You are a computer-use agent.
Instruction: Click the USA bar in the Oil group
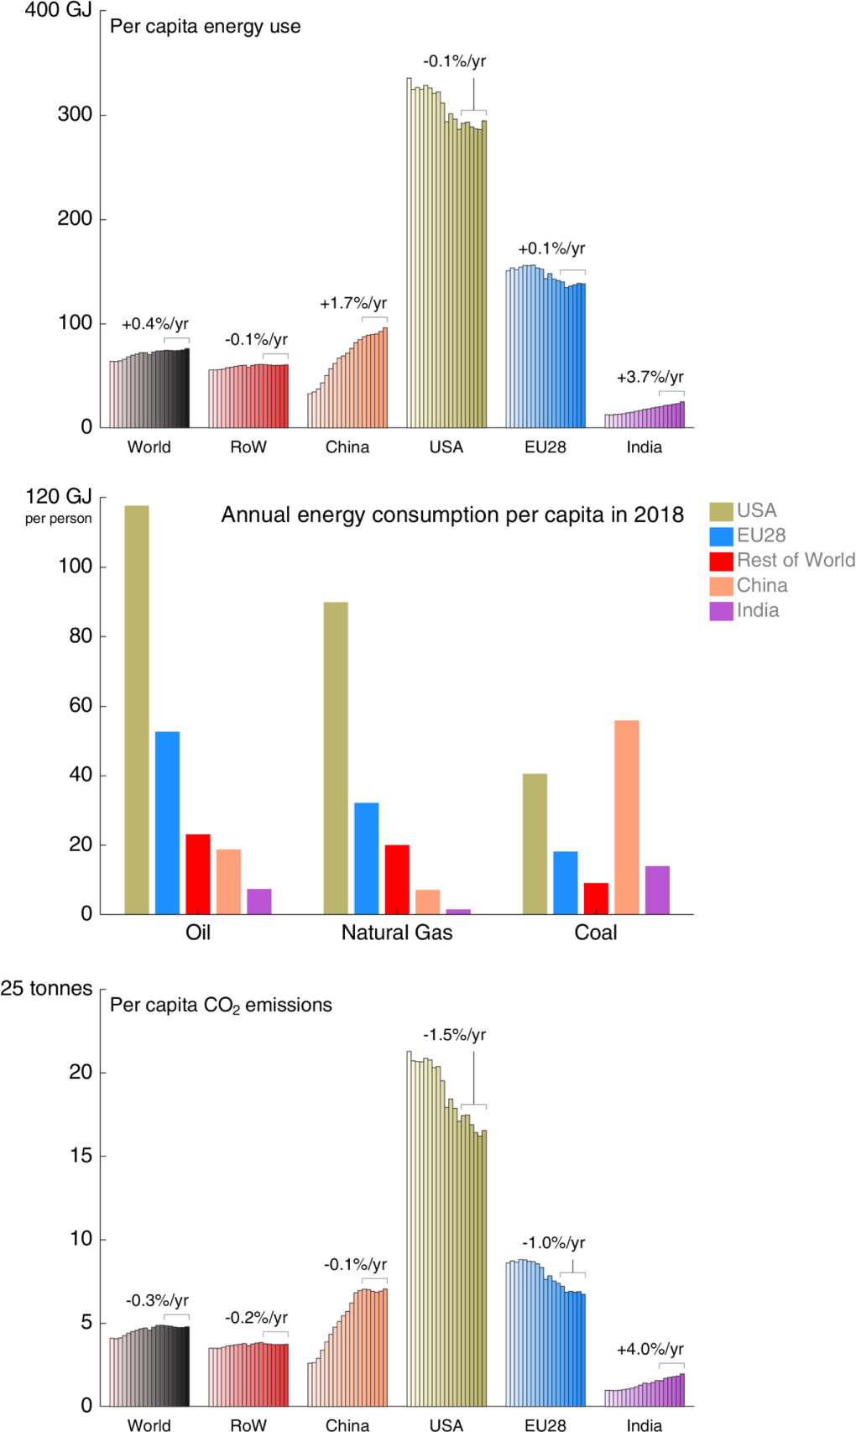(137, 709)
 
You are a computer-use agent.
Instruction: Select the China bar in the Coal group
(626, 817)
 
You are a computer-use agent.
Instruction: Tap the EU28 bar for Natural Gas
(366, 858)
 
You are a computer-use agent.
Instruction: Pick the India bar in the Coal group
(657, 890)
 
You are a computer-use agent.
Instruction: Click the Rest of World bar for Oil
(198, 874)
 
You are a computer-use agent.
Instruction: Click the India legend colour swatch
(721, 611)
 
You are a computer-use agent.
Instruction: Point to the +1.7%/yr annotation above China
(353, 303)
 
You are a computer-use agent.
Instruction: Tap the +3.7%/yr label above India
(650, 377)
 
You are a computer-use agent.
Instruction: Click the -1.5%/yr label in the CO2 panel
(454, 1034)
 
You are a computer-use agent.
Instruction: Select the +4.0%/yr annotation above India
(650, 1349)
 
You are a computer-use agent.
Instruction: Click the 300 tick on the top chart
(75, 114)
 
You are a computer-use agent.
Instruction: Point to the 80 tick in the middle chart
(81, 635)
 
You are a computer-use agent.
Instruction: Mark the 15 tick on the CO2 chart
(81, 1155)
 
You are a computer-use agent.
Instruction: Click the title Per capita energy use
(205, 26)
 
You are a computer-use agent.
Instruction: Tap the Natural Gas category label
(396, 933)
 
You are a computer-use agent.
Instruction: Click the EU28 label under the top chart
(545, 447)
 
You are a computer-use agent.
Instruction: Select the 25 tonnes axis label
(46, 988)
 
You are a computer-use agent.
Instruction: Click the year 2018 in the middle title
(659, 515)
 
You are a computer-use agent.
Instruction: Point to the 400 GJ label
(58, 10)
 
